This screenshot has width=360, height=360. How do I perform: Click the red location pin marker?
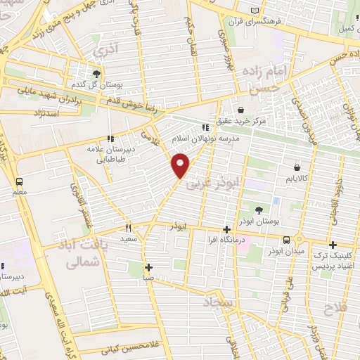181,165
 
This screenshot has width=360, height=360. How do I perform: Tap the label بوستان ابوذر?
258,221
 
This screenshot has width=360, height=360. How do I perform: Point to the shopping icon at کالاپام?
297,168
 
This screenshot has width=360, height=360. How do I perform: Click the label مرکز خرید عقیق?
241,122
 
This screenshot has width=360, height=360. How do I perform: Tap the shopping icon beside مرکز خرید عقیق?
241,110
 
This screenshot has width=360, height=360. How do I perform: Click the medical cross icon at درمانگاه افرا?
226,229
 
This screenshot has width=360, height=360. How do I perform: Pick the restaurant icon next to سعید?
128,227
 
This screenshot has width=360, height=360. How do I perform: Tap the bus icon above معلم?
18,179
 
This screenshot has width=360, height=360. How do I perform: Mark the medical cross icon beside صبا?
149,267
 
